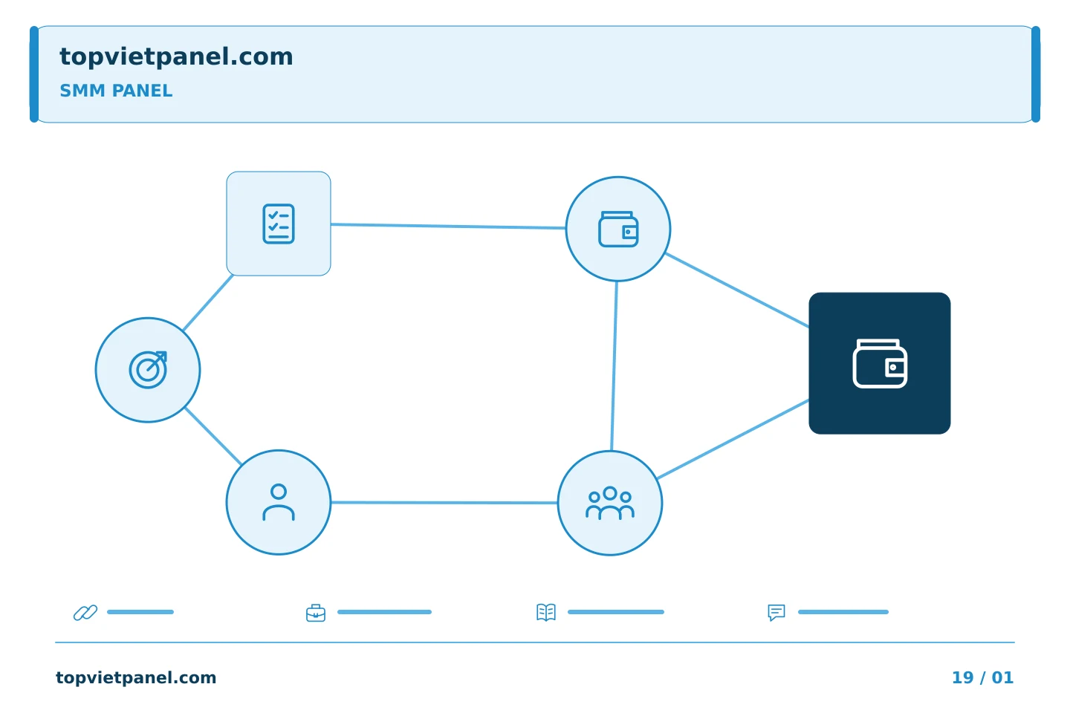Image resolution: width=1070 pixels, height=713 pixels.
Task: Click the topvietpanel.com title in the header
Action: pos(176,56)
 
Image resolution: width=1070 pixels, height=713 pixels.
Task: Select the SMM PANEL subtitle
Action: pos(116,91)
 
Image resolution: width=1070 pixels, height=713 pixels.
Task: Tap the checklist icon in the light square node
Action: pos(279,224)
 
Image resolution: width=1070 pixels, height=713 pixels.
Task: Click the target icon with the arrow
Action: pos(148,370)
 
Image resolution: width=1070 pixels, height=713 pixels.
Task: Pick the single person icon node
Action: pos(279,502)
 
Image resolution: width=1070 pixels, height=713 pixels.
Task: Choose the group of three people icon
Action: pos(610,503)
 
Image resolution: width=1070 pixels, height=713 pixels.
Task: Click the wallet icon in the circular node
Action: pos(618,229)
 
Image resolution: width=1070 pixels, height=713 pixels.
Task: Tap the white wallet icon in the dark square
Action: pos(880,363)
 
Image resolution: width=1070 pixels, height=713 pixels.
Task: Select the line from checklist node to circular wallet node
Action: pos(448,227)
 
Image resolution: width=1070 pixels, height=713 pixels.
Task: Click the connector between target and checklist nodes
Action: pos(208,302)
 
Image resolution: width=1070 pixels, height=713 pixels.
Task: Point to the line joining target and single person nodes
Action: pos(213,436)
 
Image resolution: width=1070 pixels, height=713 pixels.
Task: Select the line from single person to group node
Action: pos(444,502)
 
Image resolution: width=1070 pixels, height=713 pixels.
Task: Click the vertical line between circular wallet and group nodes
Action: pos(615,366)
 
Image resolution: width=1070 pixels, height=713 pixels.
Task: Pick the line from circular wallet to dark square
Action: pos(737,290)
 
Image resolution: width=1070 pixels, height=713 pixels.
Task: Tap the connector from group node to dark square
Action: pos(733,440)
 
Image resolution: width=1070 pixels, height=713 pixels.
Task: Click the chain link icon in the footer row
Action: pos(85,612)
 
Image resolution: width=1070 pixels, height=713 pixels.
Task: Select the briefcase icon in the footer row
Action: pos(316,613)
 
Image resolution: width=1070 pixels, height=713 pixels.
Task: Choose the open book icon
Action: pos(546,612)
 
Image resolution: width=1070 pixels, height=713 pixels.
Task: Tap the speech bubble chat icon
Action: pos(776,612)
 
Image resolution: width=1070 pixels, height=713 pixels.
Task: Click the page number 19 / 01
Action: pos(982,677)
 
